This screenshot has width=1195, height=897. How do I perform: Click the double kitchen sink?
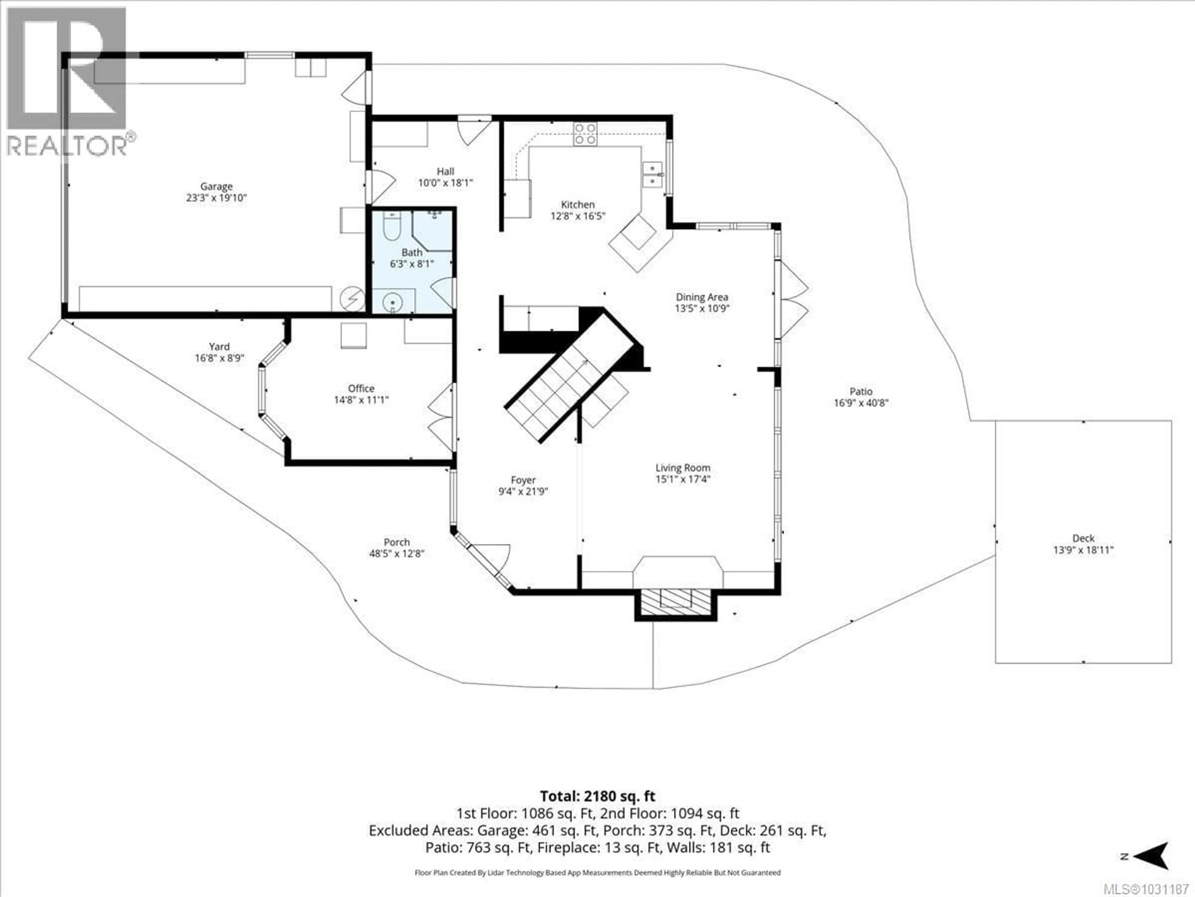click(x=653, y=174)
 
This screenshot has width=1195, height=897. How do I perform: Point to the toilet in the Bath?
click(x=392, y=227)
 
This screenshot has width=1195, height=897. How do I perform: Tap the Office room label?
click(x=361, y=388)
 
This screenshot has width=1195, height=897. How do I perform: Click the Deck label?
click(x=1083, y=538)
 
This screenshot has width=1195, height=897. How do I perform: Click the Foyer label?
click(x=523, y=480)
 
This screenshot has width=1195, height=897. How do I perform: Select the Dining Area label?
click(x=702, y=297)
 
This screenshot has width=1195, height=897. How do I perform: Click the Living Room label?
click(x=683, y=468)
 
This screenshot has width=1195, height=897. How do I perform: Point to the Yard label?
click(x=219, y=347)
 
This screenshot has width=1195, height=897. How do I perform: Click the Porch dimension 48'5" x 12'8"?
click(x=396, y=554)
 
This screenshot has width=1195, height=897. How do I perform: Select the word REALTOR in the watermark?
click(x=66, y=146)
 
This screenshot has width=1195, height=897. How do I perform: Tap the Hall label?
click(x=445, y=171)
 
